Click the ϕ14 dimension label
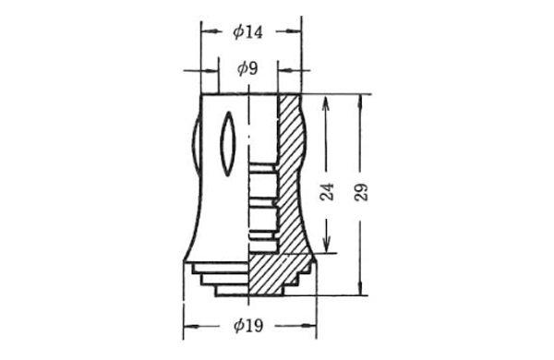click(x=247, y=32)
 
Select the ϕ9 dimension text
click(x=247, y=68)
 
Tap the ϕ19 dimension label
click(x=248, y=326)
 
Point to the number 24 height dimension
click(x=327, y=192)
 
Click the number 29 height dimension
click(x=361, y=193)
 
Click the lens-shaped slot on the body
click(x=228, y=144)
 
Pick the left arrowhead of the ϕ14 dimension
click(x=208, y=31)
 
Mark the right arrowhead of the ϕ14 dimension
click(x=295, y=31)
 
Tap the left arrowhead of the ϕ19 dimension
click(x=190, y=326)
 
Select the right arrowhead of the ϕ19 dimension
click(x=309, y=326)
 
